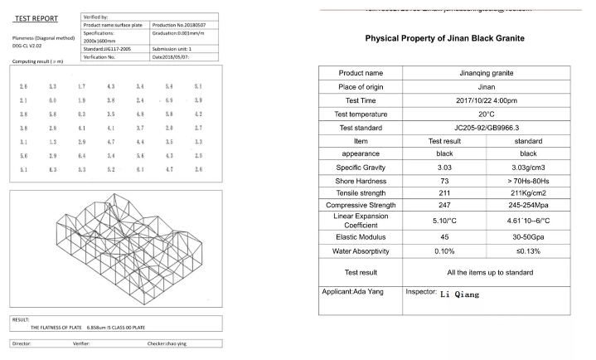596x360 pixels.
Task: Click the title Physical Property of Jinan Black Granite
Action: pyautogui.click(x=444, y=39)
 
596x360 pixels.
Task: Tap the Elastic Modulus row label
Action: pyautogui.click(x=361, y=237)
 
